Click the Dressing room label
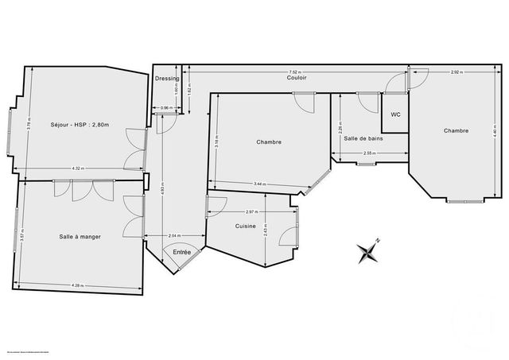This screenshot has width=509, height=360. point(167,79)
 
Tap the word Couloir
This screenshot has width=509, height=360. point(298,79)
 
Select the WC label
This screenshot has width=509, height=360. point(395,114)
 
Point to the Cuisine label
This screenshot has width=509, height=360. point(246,226)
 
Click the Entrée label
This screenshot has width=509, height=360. point(182,252)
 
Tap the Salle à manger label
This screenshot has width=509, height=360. point(78,236)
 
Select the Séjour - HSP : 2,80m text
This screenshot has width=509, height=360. point(78,124)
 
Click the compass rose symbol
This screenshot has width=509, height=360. point(369,252)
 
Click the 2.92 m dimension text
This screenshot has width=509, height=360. point(456,72)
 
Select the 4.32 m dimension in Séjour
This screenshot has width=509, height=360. point(78,168)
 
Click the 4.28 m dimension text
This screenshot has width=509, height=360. point(78,285)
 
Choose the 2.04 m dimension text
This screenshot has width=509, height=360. point(174,236)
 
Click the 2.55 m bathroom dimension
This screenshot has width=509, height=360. point(368,153)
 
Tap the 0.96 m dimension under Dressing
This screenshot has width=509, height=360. point(166,107)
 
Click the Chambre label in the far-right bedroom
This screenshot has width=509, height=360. point(456,131)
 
